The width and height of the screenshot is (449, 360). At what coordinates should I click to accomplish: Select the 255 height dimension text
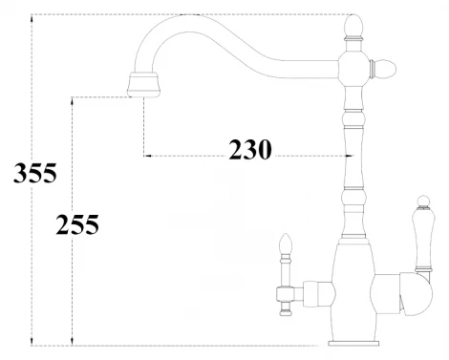click(77, 226)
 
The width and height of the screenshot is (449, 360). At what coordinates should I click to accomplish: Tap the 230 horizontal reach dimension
click(250, 149)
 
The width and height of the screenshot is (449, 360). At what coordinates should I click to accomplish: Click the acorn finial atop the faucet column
click(353, 23)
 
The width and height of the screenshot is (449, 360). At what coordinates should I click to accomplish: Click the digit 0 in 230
click(266, 149)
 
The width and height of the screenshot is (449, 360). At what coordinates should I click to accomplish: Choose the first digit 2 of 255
click(63, 226)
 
